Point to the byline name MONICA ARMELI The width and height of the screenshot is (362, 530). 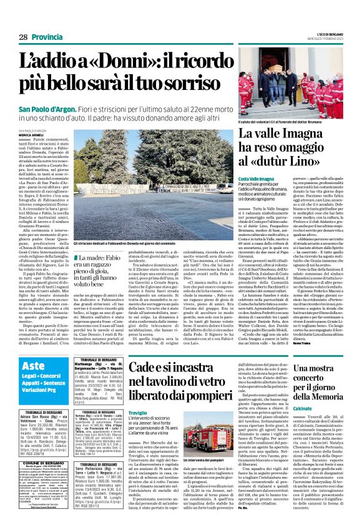31,134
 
